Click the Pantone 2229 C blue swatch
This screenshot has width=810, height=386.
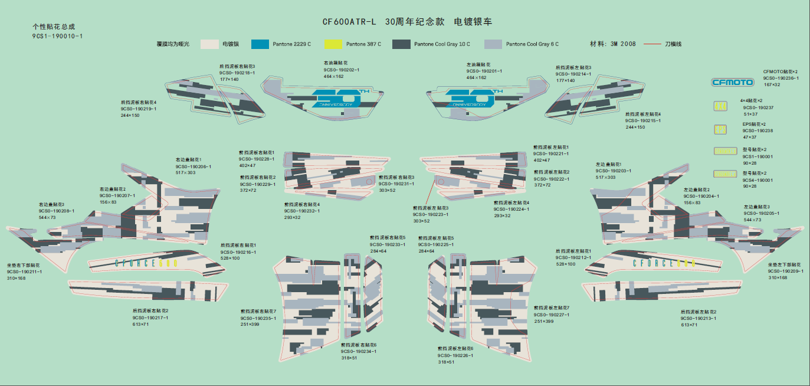coord(260,44)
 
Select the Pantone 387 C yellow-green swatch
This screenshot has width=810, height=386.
coord(333,44)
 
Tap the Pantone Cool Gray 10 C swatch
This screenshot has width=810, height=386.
coord(401,44)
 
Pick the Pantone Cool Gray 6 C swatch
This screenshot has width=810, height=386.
coord(493,44)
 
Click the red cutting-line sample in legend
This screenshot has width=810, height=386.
coord(651,44)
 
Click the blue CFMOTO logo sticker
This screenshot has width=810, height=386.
coord(732,82)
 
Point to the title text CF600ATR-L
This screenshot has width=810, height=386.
coord(349,22)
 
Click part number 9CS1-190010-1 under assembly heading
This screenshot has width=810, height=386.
coord(57,36)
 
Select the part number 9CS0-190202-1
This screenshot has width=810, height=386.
coord(342,70)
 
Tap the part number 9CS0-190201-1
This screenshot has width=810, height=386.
coord(484,71)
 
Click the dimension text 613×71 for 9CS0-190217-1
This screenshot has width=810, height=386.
coord(140,324)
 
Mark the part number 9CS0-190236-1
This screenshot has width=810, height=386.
coord(781,78)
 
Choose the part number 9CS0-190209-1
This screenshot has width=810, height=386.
coord(785,271)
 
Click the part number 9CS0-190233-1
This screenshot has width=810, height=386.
coord(388,244)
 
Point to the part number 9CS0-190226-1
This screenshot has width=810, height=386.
coord(455,355)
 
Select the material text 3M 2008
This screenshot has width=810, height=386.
coord(624,44)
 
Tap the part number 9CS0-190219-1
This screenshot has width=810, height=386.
coord(139,109)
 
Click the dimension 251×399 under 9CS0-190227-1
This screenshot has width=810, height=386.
coord(544,321)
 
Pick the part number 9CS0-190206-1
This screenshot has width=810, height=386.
coord(193,166)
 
